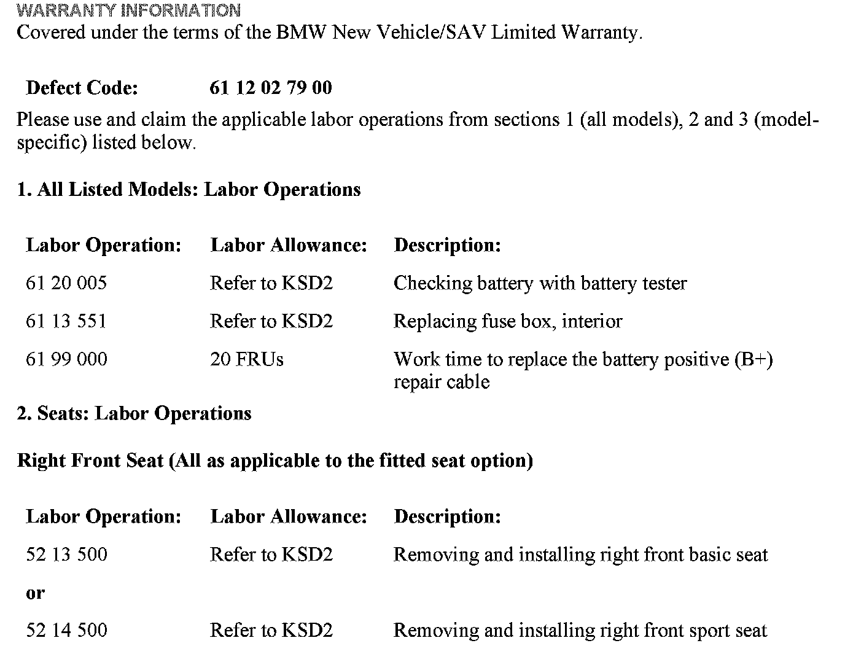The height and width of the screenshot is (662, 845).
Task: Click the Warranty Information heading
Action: point(129,10)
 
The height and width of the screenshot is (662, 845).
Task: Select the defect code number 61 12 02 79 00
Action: point(270,88)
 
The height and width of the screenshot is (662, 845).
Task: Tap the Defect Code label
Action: point(82,88)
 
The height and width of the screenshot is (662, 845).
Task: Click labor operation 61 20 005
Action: point(66,283)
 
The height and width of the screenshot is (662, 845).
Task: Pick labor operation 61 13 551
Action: point(66,321)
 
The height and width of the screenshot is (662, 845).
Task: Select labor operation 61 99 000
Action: point(66,359)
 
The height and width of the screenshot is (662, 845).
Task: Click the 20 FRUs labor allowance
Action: point(246,359)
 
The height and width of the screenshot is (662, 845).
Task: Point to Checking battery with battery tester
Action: point(540,283)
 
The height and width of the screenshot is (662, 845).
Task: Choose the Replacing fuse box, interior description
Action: point(508,321)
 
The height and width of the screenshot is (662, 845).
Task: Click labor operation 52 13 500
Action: point(66,555)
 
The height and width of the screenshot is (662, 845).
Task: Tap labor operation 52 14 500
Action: point(66,630)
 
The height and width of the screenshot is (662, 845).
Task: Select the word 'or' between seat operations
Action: point(35,593)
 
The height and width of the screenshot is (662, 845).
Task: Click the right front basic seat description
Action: point(580,555)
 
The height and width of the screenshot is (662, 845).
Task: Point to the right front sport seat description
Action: point(580,630)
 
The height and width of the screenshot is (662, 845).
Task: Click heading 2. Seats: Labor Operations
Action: point(134,413)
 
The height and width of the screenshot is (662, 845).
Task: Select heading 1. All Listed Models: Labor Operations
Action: point(189,190)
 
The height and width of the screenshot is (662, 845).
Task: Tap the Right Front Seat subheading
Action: point(275,461)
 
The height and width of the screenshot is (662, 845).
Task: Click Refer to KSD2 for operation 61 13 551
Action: point(271,321)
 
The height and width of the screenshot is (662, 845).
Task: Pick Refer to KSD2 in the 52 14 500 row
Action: point(271,630)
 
